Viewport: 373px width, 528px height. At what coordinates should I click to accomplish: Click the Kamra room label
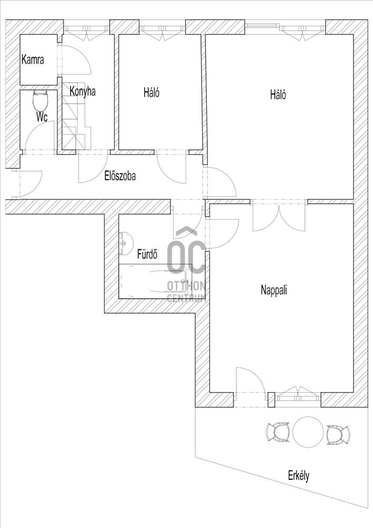click(33, 60)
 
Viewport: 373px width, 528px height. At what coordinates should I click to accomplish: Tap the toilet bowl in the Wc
click(41, 100)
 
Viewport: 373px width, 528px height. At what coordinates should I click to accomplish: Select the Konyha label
click(82, 91)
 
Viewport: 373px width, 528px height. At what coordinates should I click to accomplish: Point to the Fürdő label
click(147, 254)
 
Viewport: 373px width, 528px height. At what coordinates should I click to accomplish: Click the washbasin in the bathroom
click(126, 243)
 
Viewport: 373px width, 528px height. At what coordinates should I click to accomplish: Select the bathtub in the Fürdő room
click(155, 281)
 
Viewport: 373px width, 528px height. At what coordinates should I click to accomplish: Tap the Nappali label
click(274, 290)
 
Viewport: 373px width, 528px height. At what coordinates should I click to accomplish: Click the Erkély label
click(298, 476)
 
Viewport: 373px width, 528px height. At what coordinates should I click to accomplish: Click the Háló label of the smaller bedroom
click(151, 92)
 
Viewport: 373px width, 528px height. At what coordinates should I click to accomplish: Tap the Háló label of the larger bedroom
click(278, 95)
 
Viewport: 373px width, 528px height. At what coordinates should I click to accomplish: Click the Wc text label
click(42, 117)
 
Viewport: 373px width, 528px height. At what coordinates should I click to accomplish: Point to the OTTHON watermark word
click(186, 286)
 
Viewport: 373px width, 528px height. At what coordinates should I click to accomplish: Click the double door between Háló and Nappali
click(279, 215)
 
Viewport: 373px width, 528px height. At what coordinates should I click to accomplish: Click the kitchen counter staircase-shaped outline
click(76, 116)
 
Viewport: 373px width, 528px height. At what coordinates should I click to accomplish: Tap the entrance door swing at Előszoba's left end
click(28, 184)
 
